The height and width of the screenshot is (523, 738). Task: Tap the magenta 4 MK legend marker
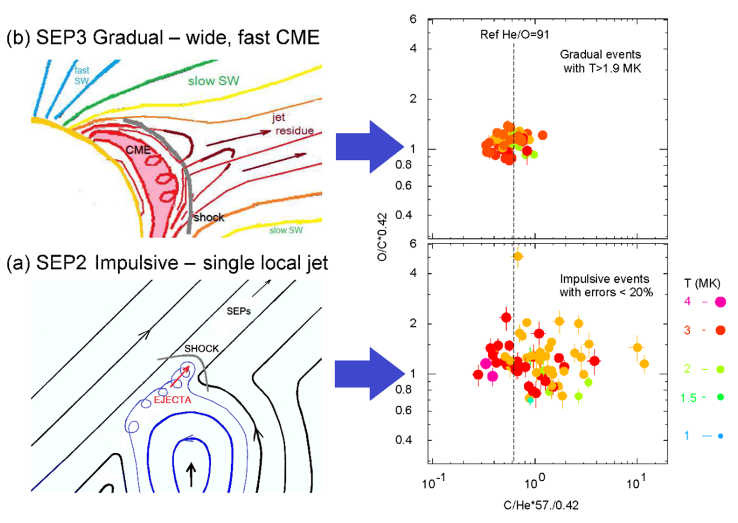[x=720, y=302]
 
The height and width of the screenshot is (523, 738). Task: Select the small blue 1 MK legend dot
[x=721, y=436]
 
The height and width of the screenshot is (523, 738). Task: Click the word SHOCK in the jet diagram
[x=201, y=348]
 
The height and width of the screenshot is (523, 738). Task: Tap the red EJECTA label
[x=173, y=400]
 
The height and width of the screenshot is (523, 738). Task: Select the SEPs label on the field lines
[x=239, y=311]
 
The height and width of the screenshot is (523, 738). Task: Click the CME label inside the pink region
[x=138, y=150]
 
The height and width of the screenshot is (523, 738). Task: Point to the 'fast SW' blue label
[x=82, y=76]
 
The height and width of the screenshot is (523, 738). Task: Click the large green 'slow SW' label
[x=214, y=81]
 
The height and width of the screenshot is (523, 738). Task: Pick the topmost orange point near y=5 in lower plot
[x=518, y=256]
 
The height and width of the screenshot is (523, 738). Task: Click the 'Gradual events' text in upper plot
[x=600, y=54]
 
